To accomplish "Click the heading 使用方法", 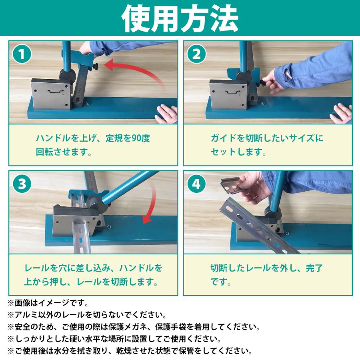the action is point(180,18).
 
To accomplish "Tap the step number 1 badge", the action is point(22,54).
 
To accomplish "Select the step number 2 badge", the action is point(196,54).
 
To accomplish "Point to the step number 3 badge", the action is point(22,184).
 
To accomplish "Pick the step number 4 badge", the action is point(196,184).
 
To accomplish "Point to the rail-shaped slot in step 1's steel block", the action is point(55,92).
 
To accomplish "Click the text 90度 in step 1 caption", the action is point(141,138).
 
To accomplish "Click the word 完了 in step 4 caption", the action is point(314,268).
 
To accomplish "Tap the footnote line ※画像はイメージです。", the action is point(48,303).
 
